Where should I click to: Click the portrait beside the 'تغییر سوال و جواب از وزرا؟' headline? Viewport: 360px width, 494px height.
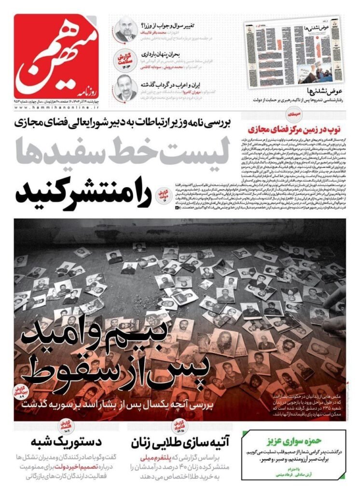125,30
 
